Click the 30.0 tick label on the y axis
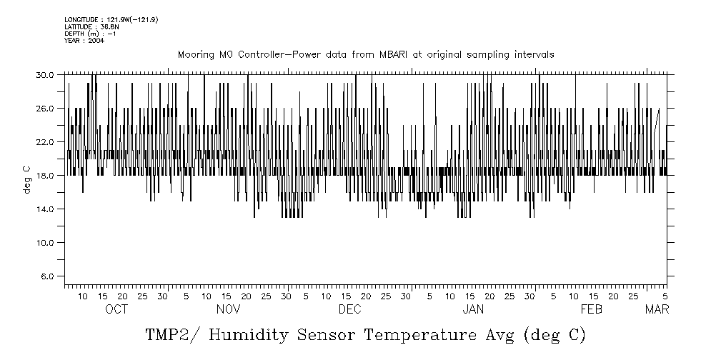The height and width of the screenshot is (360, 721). (x=45, y=74)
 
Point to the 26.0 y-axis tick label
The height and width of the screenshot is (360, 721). (x=45, y=108)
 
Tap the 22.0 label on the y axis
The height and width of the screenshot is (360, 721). (x=45, y=141)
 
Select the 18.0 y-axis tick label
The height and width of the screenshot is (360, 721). (x=45, y=175)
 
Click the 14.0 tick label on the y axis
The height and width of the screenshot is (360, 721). (x=45, y=209)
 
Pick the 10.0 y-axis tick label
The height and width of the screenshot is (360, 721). (x=45, y=242)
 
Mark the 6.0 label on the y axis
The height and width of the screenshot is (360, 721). (x=47, y=276)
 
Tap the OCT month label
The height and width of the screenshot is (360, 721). (x=116, y=309)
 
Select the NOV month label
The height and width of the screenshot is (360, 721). (x=228, y=309)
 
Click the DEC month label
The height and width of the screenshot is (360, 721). (x=349, y=309)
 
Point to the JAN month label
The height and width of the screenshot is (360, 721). (x=473, y=309)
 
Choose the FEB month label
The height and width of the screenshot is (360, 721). (x=592, y=309)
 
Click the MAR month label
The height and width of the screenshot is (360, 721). (x=657, y=309)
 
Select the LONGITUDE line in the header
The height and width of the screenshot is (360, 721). (x=111, y=19)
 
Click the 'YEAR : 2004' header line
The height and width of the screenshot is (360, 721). (x=84, y=41)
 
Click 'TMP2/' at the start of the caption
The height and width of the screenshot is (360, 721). (x=169, y=335)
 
